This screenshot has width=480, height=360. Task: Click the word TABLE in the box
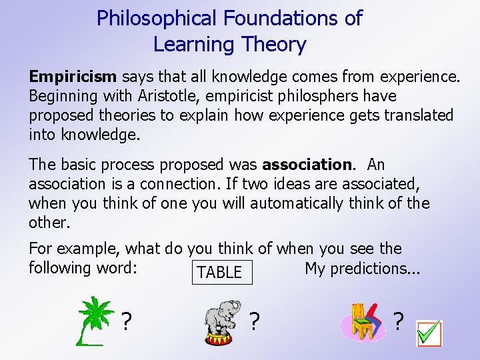[219, 272]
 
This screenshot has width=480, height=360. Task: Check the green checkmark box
[429, 333]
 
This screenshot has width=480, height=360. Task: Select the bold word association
[307, 164]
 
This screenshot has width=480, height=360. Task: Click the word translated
[414, 115]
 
